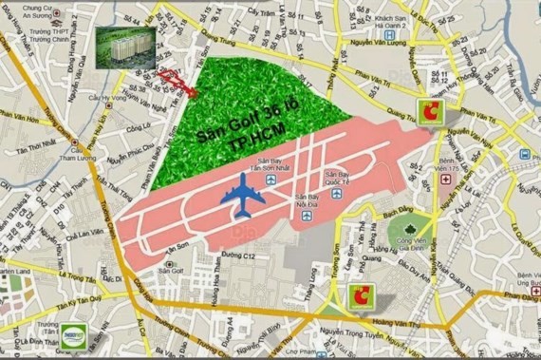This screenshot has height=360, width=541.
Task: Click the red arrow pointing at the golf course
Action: [178, 84]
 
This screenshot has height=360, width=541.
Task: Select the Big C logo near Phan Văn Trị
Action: [430, 110]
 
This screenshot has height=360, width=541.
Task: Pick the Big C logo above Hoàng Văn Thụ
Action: [361, 295]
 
